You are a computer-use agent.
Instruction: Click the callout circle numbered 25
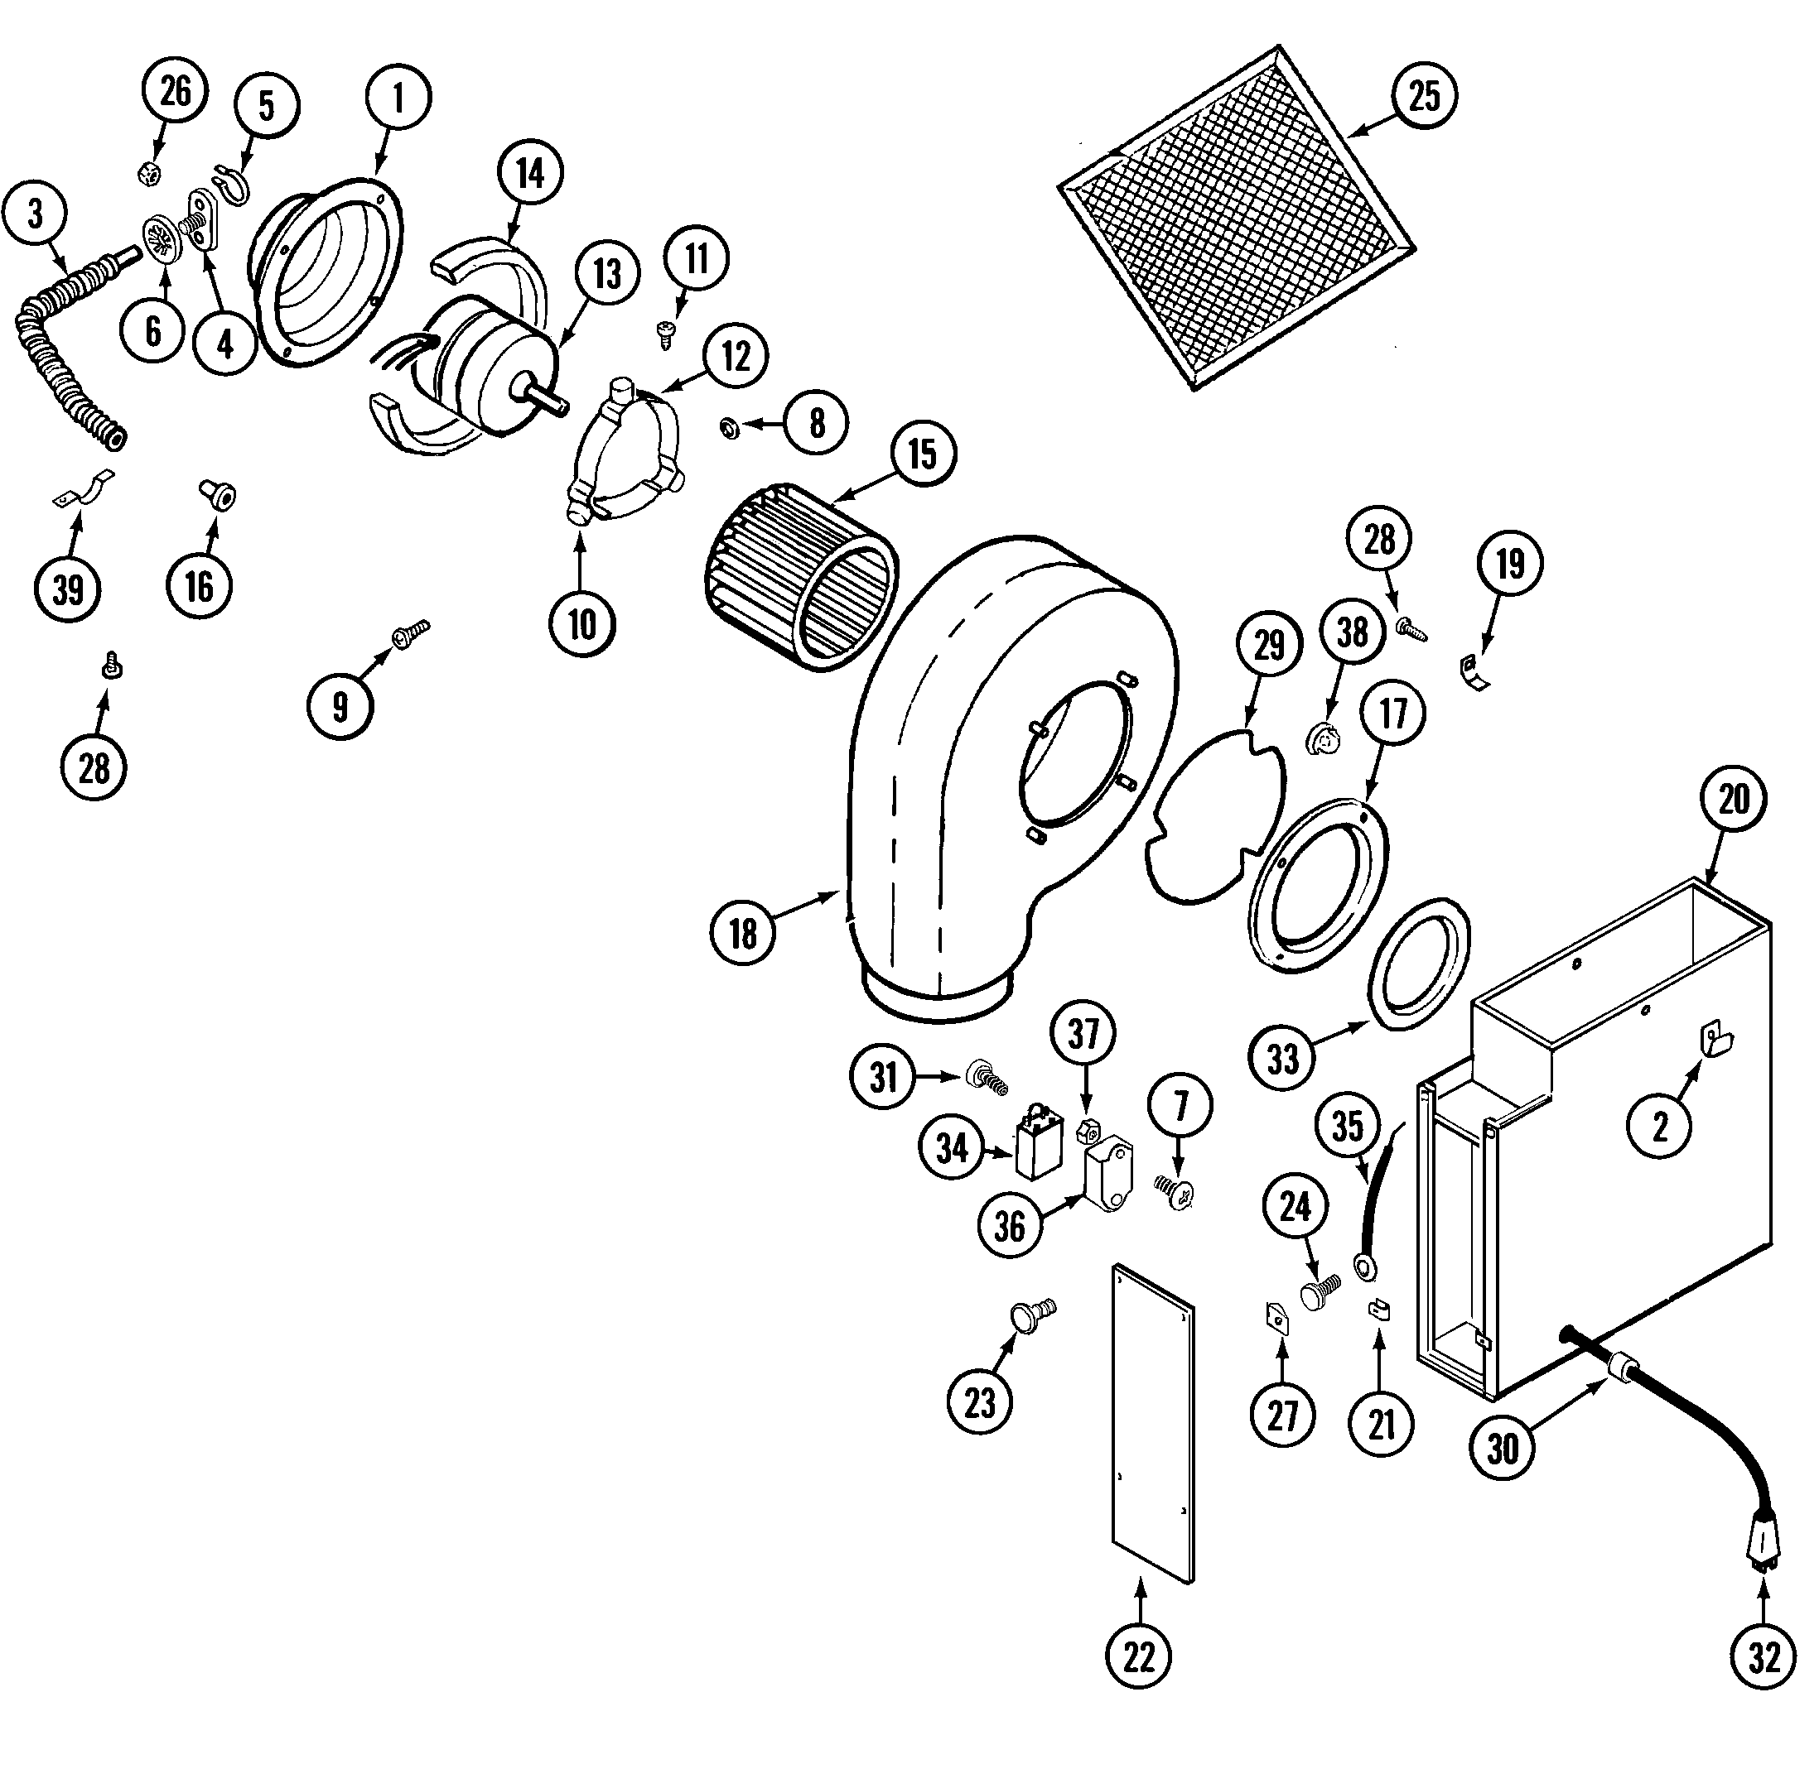[x=1424, y=97]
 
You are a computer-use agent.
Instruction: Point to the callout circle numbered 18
[x=743, y=934]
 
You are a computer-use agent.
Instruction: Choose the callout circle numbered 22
[x=1139, y=1656]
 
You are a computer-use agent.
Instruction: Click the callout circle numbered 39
[x=68, y=589]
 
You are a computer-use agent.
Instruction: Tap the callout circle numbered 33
[x=1283, y=1057]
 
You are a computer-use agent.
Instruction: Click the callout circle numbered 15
[x=922, y=454]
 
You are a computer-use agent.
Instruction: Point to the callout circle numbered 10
[x=581, y=624]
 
